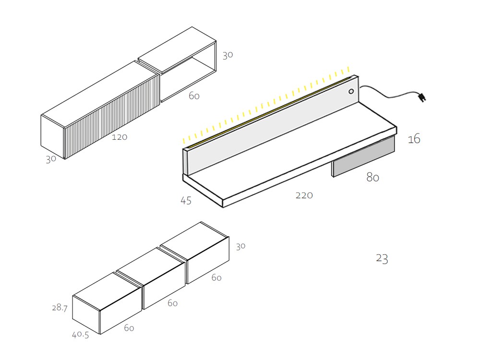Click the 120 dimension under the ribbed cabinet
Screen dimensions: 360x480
click(x=120, y=137)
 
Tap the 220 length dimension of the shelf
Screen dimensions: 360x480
click(x=304, y=195)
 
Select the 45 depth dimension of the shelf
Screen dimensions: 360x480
click(x=186, y=201)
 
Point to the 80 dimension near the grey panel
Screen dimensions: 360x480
click(x=372, y=178)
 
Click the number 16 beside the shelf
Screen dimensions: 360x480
click(x=414, y=140)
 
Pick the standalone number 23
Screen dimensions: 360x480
click(x=382, y=259)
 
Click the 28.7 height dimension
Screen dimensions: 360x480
click(x=60, y=308)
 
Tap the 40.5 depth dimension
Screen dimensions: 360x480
click(x=80, y=336)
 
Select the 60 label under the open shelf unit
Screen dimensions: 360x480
click(x=194, y=96)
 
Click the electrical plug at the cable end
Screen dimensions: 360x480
click(x=422, y=98)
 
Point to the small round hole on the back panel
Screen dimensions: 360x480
click(x=351, y=91)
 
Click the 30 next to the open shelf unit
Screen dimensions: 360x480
click(x=228, y=55)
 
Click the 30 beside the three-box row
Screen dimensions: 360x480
click(x=240, y=246)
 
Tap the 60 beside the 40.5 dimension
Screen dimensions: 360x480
click(x=129, y=328)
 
